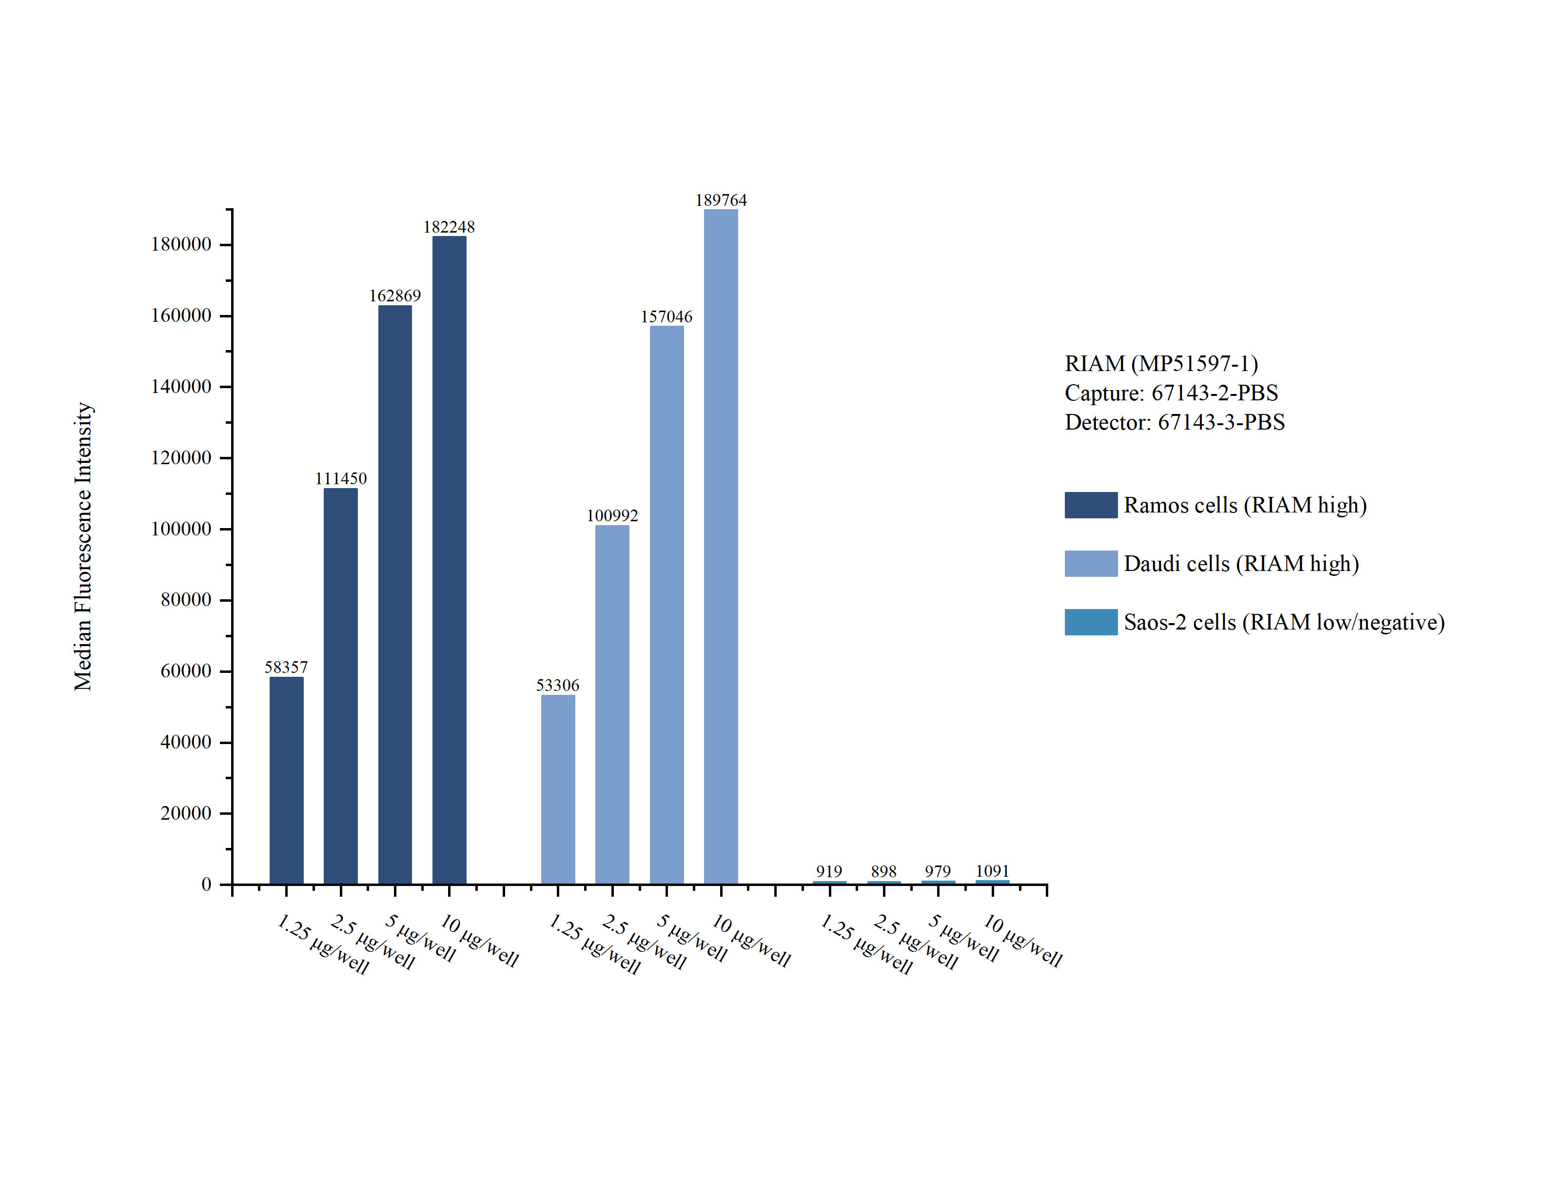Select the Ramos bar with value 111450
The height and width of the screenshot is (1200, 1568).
click(x=341, y=686)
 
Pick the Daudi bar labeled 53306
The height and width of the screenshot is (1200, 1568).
click(x=558, y=789)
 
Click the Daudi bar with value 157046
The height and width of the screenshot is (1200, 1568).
click(x=666, y=604)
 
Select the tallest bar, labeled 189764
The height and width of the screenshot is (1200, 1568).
click(x=721, y=547)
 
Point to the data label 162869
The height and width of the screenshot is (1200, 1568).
click(x=395, y=295)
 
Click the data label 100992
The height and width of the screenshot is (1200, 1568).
click(x=612, y=516)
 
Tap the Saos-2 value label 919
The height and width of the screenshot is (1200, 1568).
click(x=829, y=871)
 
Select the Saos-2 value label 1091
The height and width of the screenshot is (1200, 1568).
click(x=993, y=871)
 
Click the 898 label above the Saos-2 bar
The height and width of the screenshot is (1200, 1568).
click(x=883, y=871)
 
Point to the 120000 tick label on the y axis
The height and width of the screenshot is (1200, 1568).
click(x=181, y=458)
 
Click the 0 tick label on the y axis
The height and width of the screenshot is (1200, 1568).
click(x=206, y=885)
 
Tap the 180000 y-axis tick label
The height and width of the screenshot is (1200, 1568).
click(x=181, y=244)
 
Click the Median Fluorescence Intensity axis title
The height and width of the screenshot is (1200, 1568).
click(x=83, y=547)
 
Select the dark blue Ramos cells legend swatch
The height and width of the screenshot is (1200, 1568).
click(x=1090, y=505)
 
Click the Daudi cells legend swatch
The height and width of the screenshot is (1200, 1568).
click(x=1090, y=564)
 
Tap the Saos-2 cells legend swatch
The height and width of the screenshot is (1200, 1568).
click(x=1090, y=622)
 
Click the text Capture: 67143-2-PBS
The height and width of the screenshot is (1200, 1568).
click(x=1171, y=393)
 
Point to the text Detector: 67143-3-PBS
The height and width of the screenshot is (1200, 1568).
click(x=1175, y=422)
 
